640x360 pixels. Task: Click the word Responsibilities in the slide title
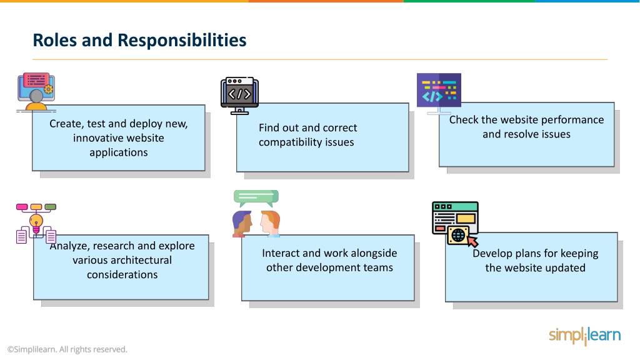(182, 41)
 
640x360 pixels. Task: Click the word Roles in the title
(55, 40)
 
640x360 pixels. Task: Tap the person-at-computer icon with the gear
(36, 92)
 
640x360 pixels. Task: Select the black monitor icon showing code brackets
(239, 96)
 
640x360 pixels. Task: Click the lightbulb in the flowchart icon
(36, 223)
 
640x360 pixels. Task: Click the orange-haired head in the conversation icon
(270, 223)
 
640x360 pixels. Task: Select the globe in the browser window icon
(458, 235)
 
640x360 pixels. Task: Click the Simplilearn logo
(584, 336)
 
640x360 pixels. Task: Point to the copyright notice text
(67, 349)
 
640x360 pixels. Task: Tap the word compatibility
(286, 142)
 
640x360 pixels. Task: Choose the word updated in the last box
(566, 268)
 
